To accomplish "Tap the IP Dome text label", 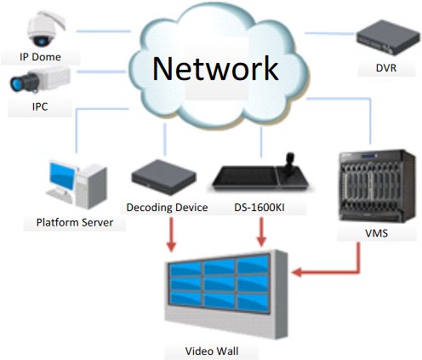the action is coord(40,57).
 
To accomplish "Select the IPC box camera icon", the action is coord(40,80).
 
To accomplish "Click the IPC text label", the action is coord(40,107).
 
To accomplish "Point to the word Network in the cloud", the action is coord(215,68).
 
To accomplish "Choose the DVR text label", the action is coord(386,68).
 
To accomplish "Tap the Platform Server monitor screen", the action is coord(62,175).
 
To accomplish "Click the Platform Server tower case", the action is coord(91,187).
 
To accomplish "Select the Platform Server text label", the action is coord(75,222).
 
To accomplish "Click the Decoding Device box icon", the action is coord(164,177).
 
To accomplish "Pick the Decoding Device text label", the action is coord(167,208).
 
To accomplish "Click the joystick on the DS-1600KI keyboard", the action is coord(290,163).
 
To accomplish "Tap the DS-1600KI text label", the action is coord(259,208).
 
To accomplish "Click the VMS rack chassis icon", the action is coord(377,186).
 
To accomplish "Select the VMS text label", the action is coord(376,233).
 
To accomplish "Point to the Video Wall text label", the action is coord(212,351).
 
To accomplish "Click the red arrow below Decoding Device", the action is coord(171,234).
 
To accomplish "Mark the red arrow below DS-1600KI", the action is coord(261,232).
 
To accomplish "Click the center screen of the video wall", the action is coord(220,284).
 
